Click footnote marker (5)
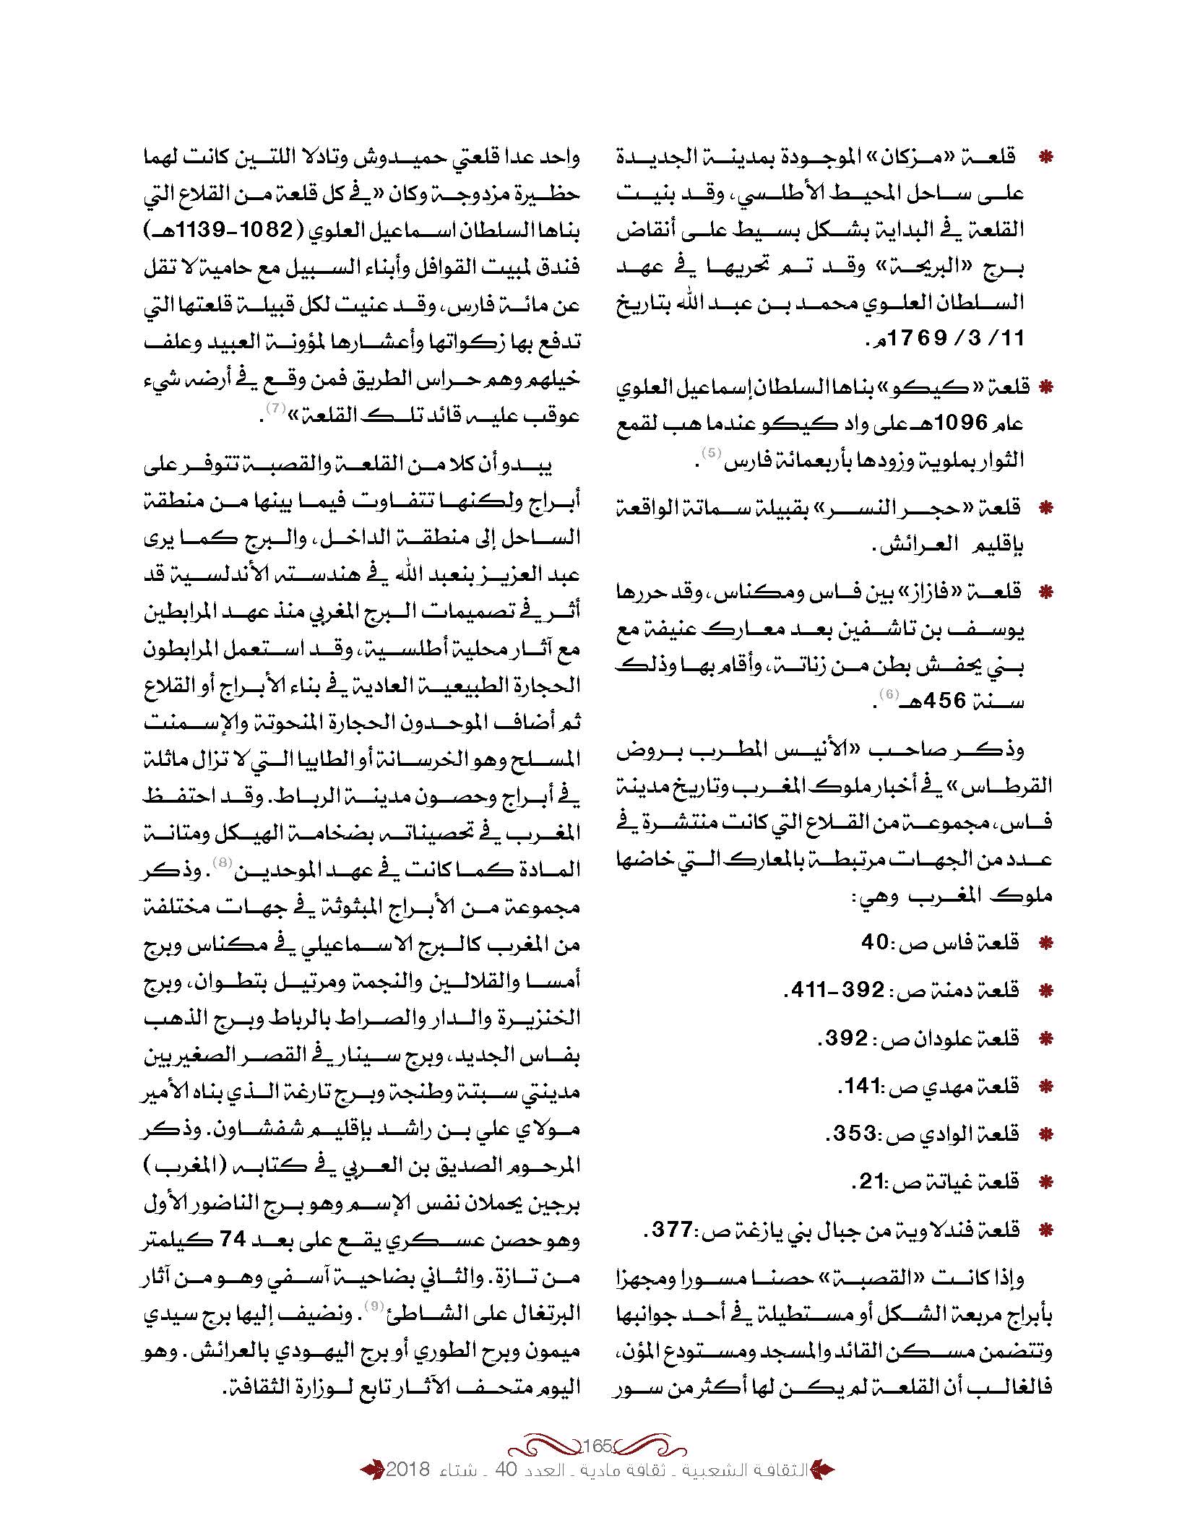pyautogui.click(x=712, y=454)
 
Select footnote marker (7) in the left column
pyautogui.click(x=275, y=408)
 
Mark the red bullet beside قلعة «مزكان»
pyautogui.click(x=1044, y=157)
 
